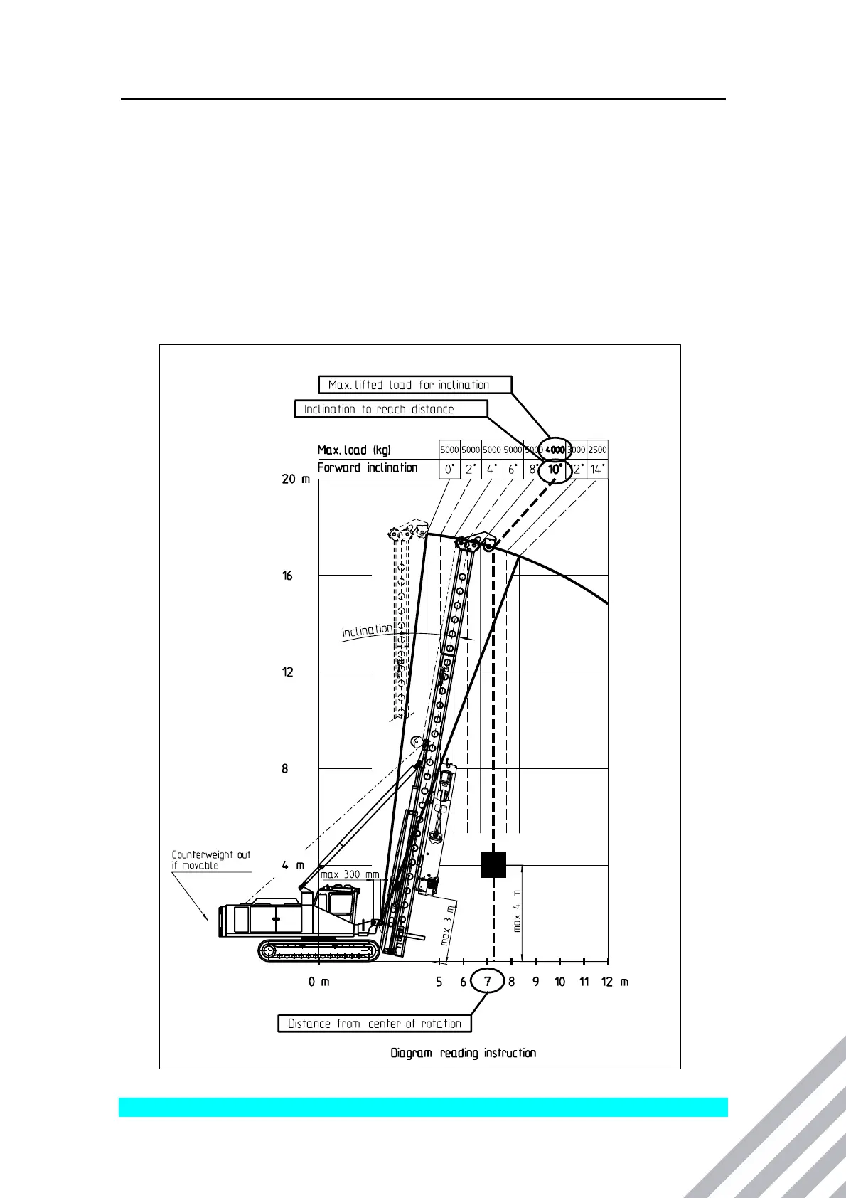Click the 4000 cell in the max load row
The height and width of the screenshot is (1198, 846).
[x=555, y=450]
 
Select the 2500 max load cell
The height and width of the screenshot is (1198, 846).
[x=597, y=450]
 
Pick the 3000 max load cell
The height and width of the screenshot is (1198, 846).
[x=577, y=450]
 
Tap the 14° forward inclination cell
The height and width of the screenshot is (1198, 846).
[x=597, y=469]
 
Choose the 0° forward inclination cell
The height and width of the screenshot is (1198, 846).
[x=450, y=469]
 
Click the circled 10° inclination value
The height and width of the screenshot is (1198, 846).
[x=555, y=469]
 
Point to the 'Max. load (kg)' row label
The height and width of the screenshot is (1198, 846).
[x=353, y=450]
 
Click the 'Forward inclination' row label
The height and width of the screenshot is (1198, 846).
[x=368, y=467]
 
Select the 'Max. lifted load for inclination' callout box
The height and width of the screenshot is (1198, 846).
[x=414, y=385]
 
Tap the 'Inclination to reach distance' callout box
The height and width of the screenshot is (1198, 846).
[x=391, y=409]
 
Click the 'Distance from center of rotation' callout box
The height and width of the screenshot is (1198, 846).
[x=375, y=1023]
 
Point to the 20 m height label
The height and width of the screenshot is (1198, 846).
[x=296, y=479]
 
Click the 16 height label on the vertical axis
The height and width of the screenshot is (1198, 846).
[x=287, y=576]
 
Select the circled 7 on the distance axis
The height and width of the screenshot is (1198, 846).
[x=488, y=982]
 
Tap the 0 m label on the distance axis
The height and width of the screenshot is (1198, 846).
[x=318, y=982]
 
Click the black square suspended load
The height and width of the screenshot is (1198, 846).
[x=493, y=864]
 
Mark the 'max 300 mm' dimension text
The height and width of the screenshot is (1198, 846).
[x=350, y=874]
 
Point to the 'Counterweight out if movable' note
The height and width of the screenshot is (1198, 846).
[x=210, y=859]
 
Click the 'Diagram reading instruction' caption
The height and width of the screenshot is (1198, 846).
[x=464, y=1052]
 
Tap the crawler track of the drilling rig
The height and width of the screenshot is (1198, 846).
[x=318, y=950]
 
